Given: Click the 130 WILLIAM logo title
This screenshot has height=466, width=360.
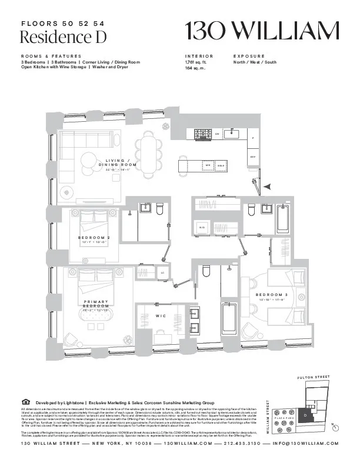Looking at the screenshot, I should pyautogui.click(x=262, y=31).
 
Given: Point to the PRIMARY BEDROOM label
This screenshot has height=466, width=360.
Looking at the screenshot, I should pyautogui.click(x=95, y=304).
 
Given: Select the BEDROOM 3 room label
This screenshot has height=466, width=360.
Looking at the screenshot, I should pyautogui.click(x=271, y=294).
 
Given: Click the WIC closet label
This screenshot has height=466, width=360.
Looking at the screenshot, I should pyautogui.click(x=161, y=316).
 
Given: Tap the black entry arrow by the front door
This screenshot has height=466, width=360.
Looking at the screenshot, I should pyautogui.click(x=267, y=187).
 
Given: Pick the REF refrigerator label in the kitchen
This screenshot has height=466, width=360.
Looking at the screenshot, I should pyautogui.click(x=253, y=157).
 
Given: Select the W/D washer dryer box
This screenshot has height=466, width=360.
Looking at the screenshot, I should pyautogui.click(x=202, y=227).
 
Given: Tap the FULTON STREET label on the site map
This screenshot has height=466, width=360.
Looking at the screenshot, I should pyautogui.click(x=314, y=377).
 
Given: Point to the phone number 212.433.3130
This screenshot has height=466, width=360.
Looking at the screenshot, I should pyautogui.click(x=244, y=444).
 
